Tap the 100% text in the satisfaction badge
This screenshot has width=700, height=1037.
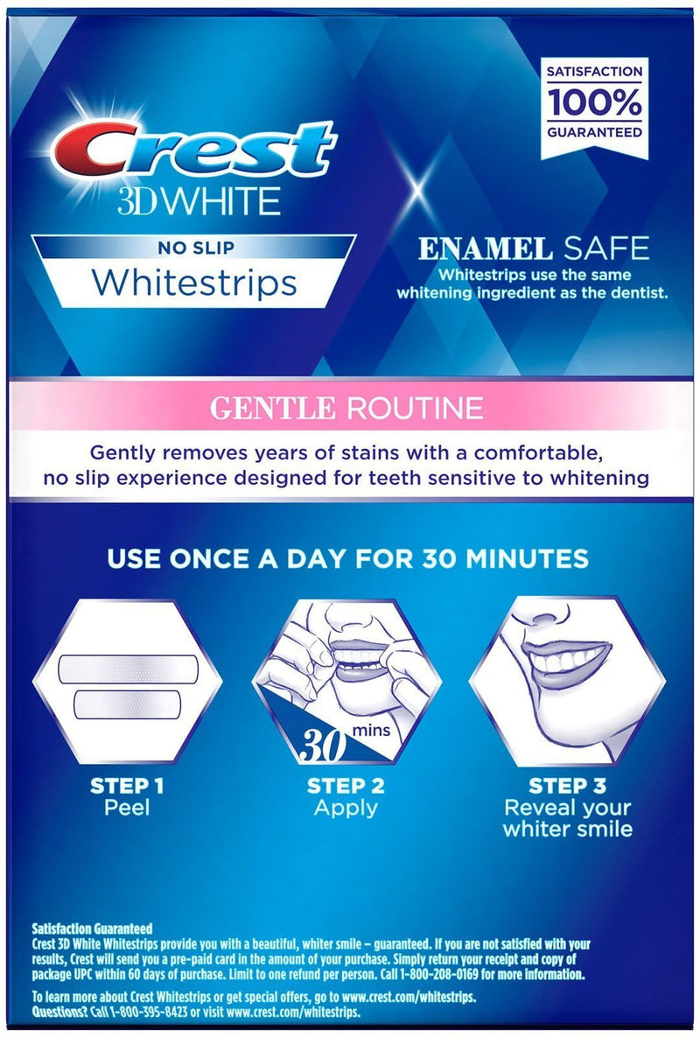coord(594,102)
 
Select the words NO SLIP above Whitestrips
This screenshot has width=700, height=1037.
coord(195,247)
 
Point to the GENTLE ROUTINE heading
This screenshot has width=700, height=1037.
coord(349,408)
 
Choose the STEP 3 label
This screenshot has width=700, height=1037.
coord(567,785)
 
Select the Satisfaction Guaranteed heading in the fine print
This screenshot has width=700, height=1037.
coord(92,928)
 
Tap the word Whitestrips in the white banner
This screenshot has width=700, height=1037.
coord(193,283)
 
